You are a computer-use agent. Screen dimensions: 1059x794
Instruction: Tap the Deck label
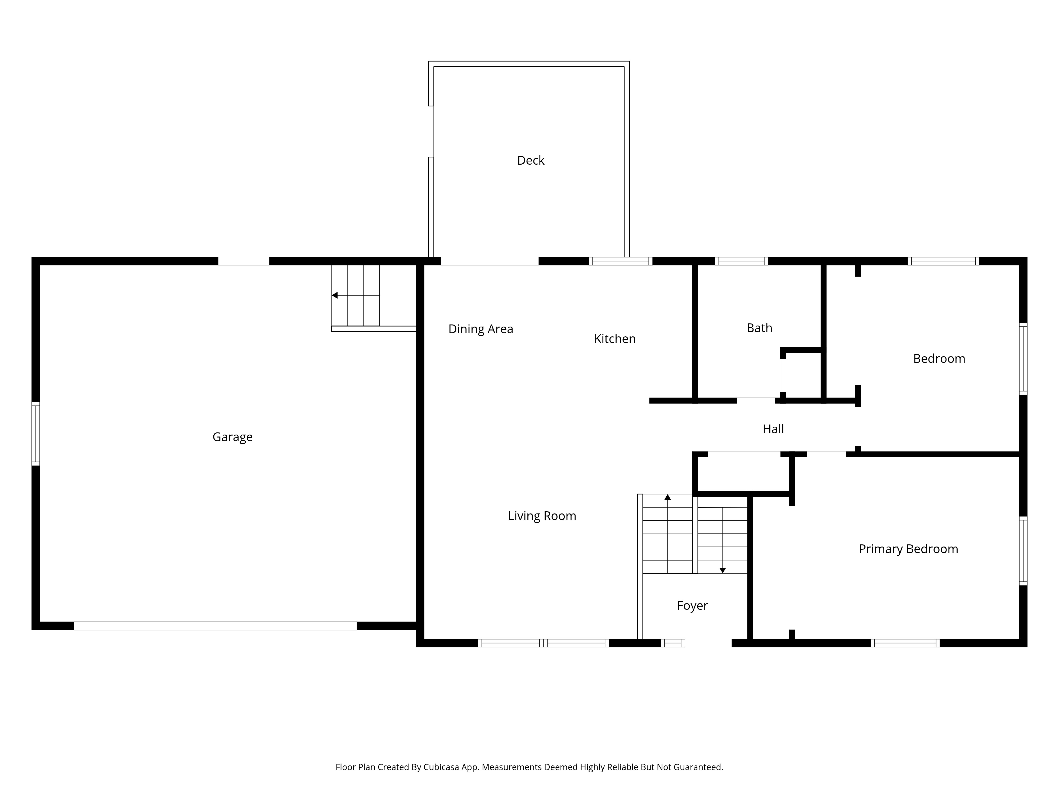pyautogui.click(x=531, y=160)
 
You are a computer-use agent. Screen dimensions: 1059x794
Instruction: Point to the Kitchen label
pyautogui.click(x=615, y=339)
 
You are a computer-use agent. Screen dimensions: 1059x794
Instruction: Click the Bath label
pyautogui.click(x=759, y=328)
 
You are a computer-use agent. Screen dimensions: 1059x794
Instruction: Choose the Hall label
pyautogui.click(x=773, y=429)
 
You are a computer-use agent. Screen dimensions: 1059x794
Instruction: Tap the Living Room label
pyautogui.click(x=542, y=516)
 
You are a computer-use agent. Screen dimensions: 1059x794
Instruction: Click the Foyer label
pyautogui.click(x=692, y=606)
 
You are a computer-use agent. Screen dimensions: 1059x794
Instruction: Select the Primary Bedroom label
pyautogui.click(x=908, y=549)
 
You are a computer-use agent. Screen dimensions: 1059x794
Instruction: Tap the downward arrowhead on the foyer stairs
pyautogui.click(x=723, y=570)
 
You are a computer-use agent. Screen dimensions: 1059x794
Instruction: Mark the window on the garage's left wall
pyautogui.click(x=35, y=434)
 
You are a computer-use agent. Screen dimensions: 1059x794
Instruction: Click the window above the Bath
pyautogui.click(x=741, y=261)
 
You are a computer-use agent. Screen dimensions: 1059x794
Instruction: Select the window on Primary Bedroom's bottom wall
pyautogui.click(x=905, y=643)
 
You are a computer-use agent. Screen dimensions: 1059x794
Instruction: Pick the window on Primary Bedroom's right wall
pyautogui.click(x=1023, y=551)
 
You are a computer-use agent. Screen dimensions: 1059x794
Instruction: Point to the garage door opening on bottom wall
pyautogui.click(x=216, y=625)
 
